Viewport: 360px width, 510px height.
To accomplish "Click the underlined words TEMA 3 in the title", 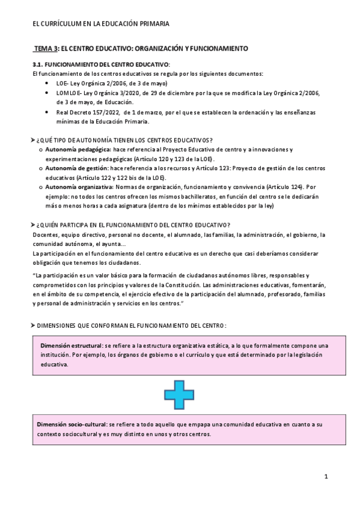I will click(46, 48).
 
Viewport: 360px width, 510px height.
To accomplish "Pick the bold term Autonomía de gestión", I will click(71, 168).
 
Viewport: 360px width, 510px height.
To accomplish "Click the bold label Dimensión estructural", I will click(71, 345).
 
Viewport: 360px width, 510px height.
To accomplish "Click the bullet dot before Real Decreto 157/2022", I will click(47, 112).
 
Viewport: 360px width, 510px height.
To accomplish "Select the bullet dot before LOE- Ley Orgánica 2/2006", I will click(47, 83).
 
